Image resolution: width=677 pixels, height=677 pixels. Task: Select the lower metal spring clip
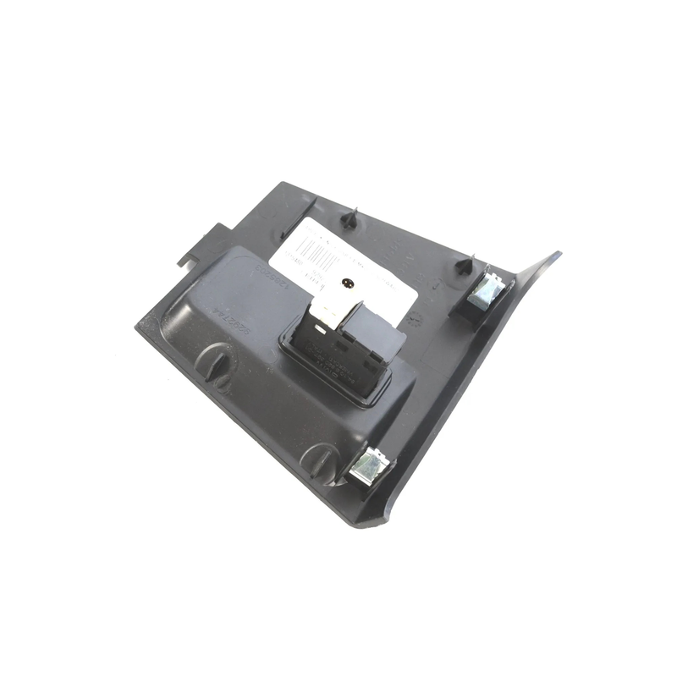(370, 465)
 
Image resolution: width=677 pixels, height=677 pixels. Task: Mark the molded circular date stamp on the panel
(416, 320)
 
